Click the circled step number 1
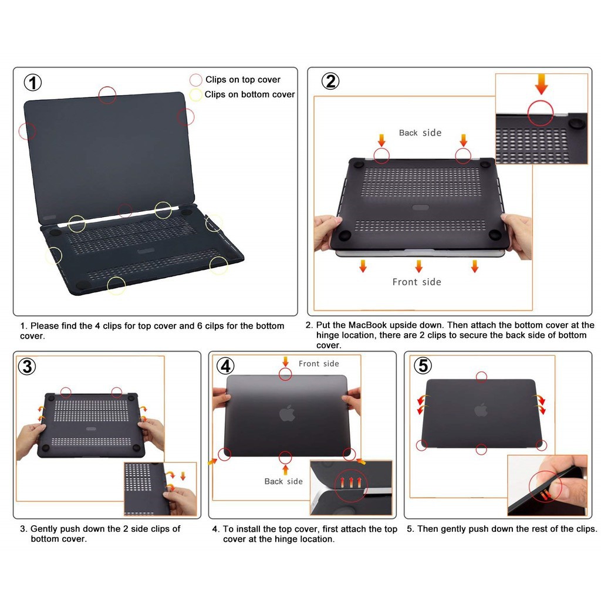click(33, 82)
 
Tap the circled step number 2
click(330, 81)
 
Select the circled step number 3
click(27, 366)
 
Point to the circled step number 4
click(225, 366)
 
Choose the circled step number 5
click(423, 365)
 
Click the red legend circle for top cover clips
click(195, 80)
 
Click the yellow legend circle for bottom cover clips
click(195, 94)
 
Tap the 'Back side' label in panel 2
click(420, 133)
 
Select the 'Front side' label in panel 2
click(417, 282)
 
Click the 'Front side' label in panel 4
click(319, 363)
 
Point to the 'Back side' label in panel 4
click(283, 481)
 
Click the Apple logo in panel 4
click(287, 413)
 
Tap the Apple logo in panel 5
click(481, 410)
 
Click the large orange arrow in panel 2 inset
click(541, 84)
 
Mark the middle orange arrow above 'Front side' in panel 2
click(418, 266)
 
